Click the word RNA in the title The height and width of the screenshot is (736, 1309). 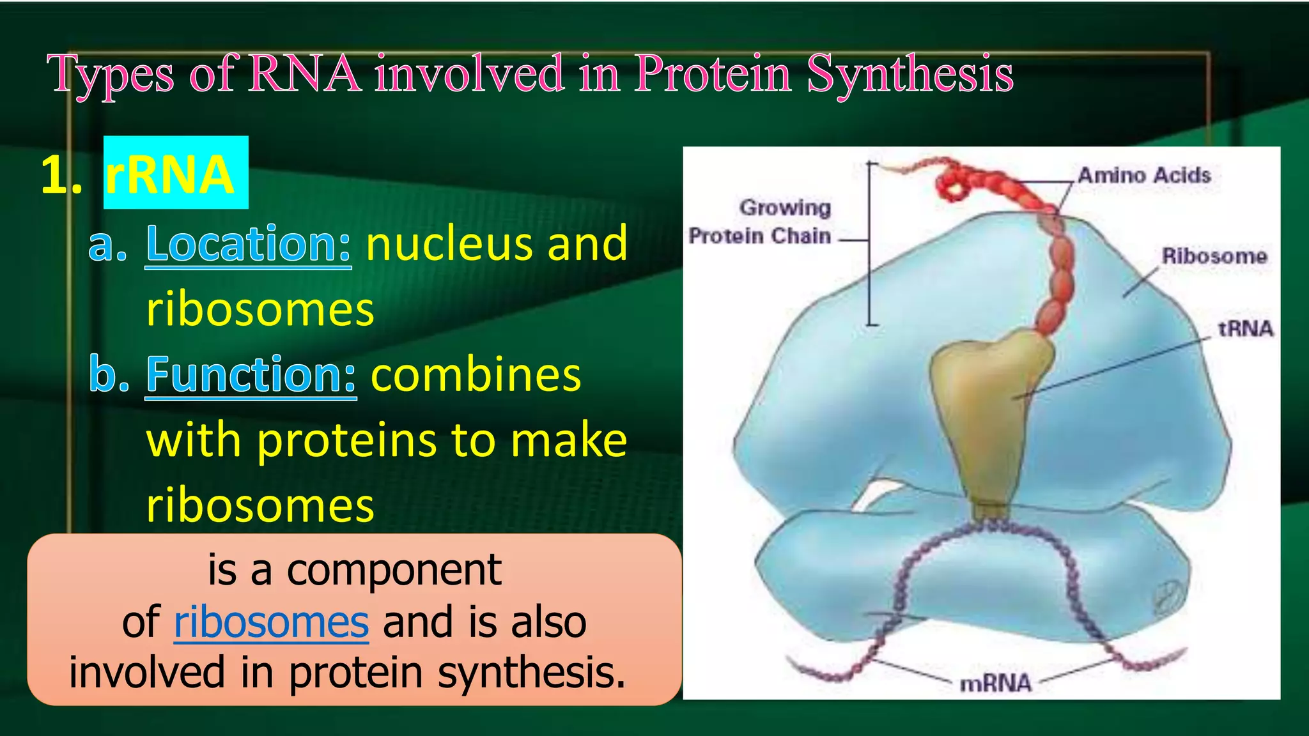(x=304, y=74)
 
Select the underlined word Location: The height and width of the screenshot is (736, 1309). (x=248, y=244)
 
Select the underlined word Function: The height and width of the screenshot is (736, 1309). (x=251, y=375)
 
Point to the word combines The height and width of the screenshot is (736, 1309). (x=476, y=375)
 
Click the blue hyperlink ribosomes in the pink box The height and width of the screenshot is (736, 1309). (x=271, y=622)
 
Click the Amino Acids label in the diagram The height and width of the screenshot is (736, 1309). (x=1143, y=175)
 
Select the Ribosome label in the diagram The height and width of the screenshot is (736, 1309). (x=1214, y=256)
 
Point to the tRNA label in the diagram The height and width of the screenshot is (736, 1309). (x=1245, y=328)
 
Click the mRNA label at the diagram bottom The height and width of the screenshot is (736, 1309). (x=995, y=683)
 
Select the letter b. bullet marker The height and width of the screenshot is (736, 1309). (x=109, y=375)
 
